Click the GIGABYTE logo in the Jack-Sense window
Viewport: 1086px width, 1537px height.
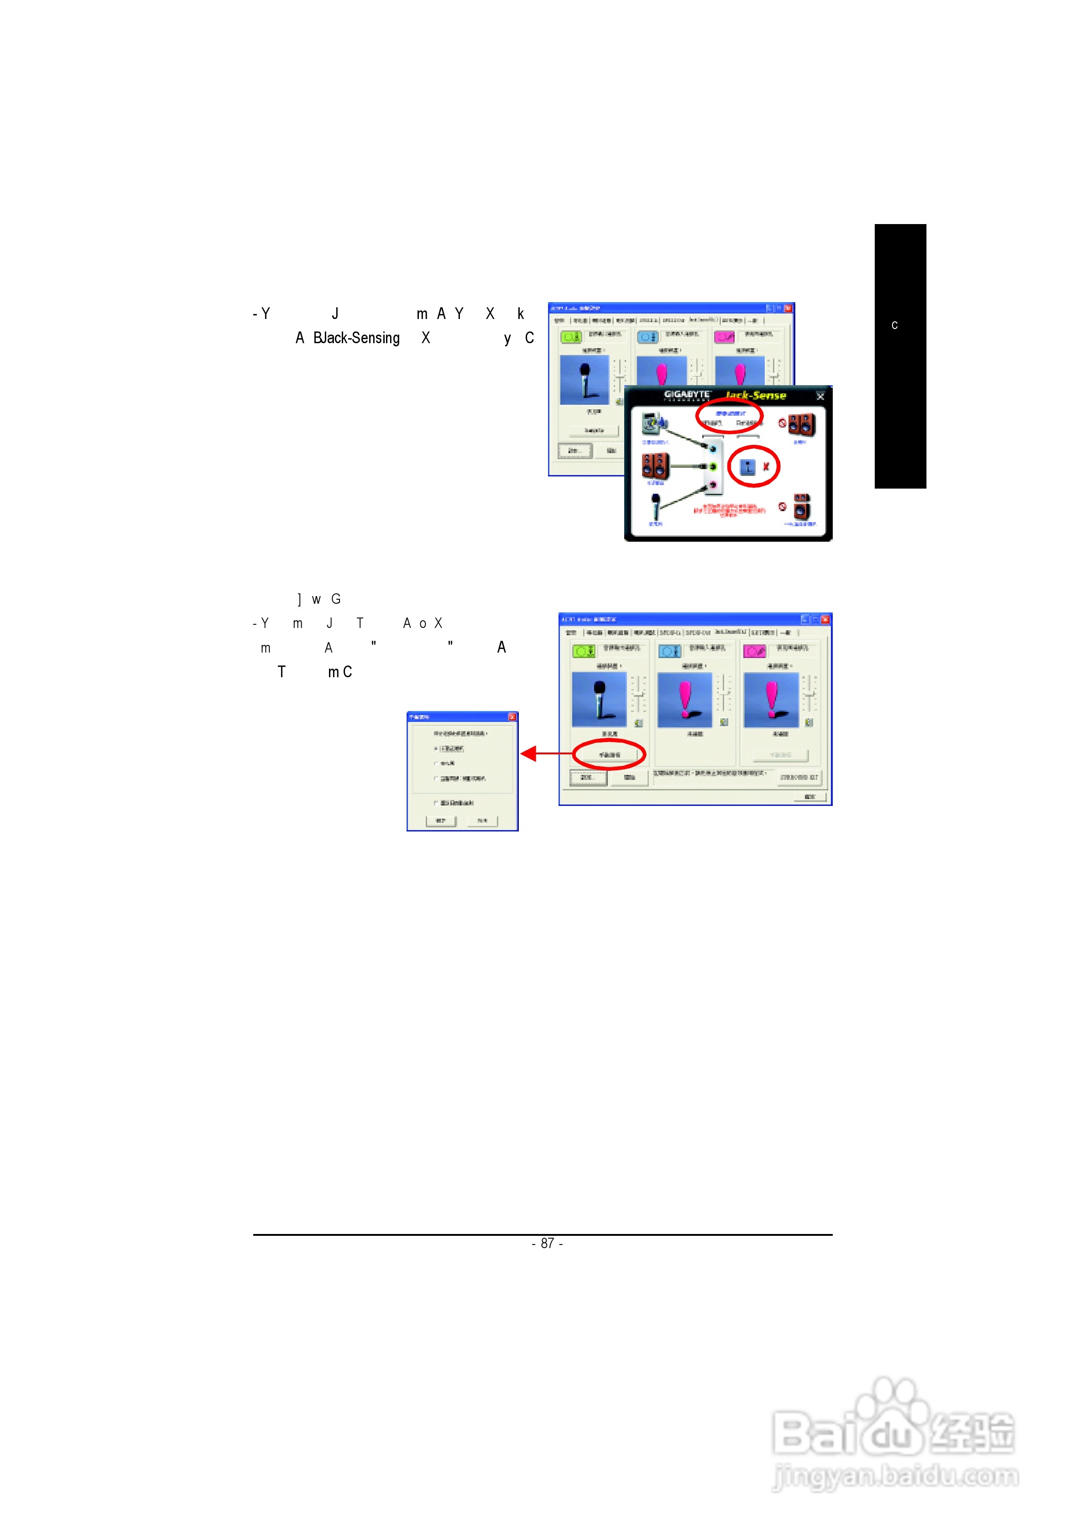pyautogui.click(x=686, y=395)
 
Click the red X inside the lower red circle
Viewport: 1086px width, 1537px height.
pyautogui.click(x=766, y=466)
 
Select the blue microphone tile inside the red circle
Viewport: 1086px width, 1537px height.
pyautogui.click(x=747, y=466)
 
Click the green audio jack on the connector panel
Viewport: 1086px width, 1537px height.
pyautogui.click(x=714, y=466)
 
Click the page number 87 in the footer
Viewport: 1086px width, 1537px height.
pyautogui.click(x=547, y=1243)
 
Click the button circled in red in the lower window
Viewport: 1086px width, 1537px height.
pyautogui.click(x=609, y=754)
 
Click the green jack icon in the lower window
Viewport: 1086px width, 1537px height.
pyautogui.click(x=583, y=651)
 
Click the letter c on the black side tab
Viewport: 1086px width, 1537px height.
pyautogui.click(x=894, y=325)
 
